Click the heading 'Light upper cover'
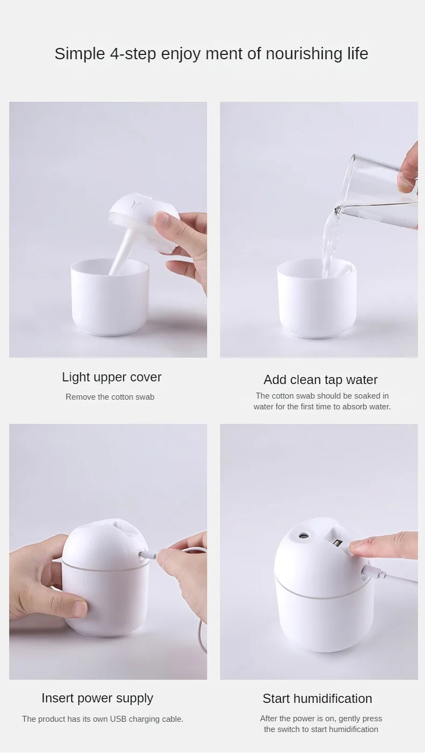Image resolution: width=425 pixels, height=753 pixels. [111, 377]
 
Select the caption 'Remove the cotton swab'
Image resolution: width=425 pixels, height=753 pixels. [110, 397]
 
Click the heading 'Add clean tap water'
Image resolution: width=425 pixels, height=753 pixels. [321, 380]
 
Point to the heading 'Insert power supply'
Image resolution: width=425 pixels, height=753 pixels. [97, 698]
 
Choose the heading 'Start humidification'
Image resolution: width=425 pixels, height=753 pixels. [317, 699]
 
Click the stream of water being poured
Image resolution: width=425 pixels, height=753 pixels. [329, 242]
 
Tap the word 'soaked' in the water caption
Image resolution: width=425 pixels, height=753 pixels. [366, 396]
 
